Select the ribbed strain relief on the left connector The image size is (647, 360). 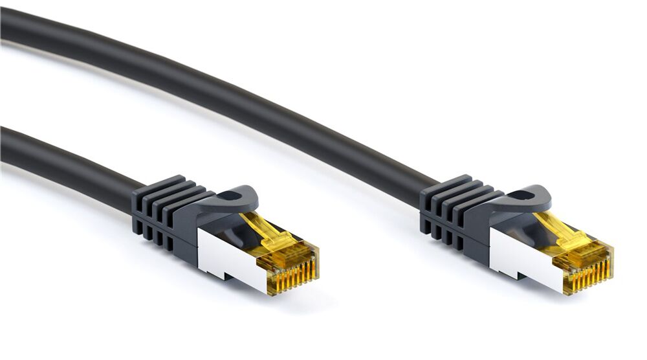click(162, 210)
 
